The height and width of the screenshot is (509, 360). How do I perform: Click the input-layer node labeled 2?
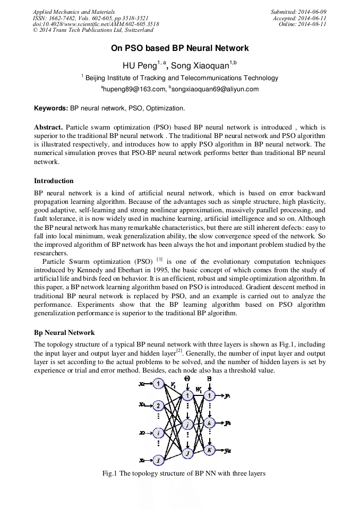point(158,406)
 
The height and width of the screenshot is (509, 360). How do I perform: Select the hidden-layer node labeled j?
point(187,425)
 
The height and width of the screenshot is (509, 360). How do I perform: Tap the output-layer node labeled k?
point(210,424)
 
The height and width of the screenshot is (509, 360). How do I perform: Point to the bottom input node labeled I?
point(158,460)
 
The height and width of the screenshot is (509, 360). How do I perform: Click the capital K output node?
point(210,450)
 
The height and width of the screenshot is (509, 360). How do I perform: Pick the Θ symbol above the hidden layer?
point(187,378)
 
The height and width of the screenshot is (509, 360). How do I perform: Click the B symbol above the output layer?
point(209,378)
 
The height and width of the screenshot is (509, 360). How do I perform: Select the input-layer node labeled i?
point(158,433)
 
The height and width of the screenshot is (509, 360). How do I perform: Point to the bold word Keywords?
point(52,108)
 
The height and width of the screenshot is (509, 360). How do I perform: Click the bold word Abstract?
point(48,127)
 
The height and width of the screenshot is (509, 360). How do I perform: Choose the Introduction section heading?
point(54,181)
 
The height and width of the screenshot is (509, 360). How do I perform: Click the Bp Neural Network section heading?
point(64,333)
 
